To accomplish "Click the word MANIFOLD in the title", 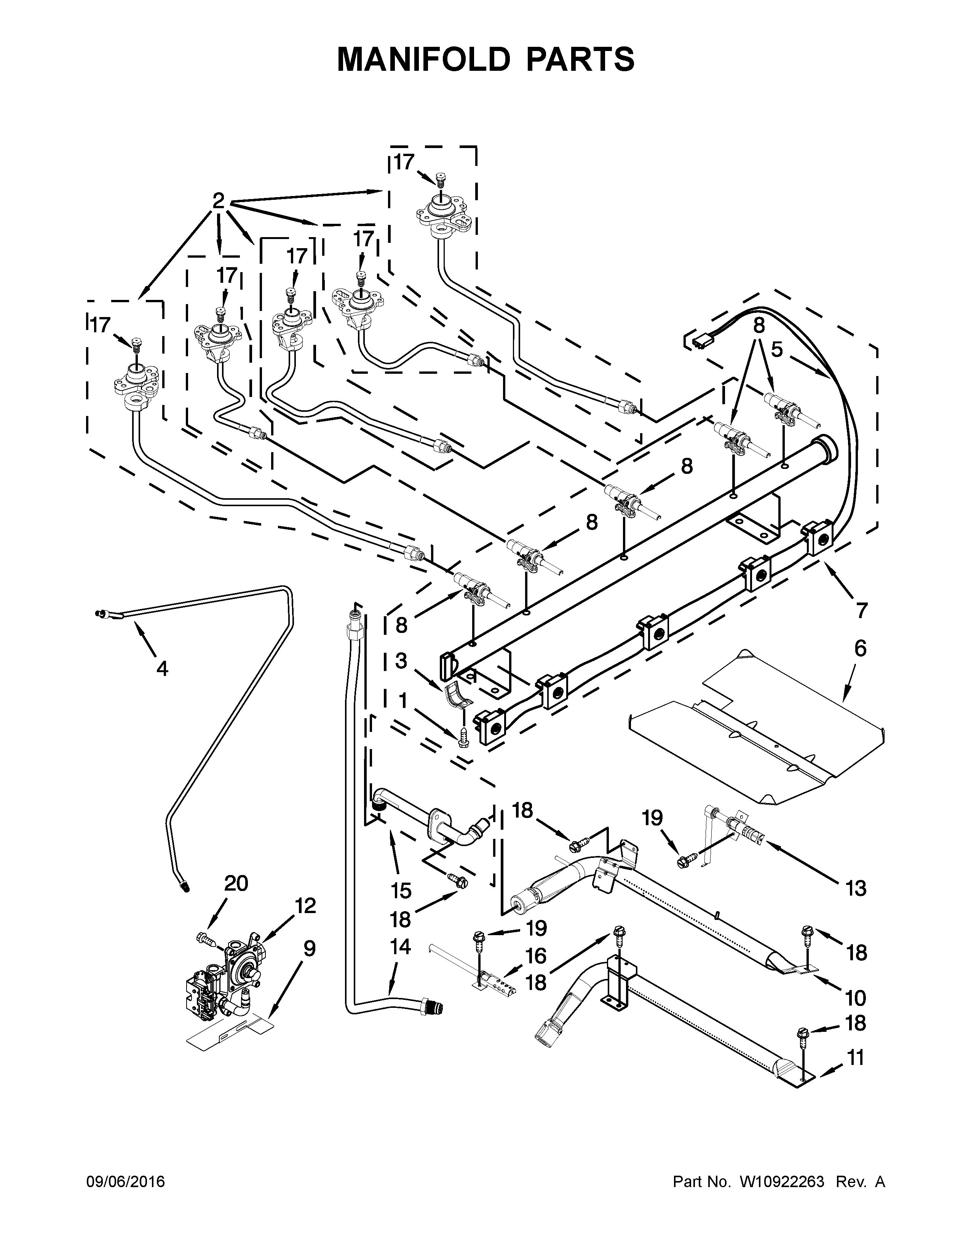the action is click(x=423, y=59).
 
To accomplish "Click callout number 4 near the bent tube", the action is click(x=162, y=668).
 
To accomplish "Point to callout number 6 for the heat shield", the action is click(x=860, y=648).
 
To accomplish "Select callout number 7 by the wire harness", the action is click(x=861, y=610).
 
